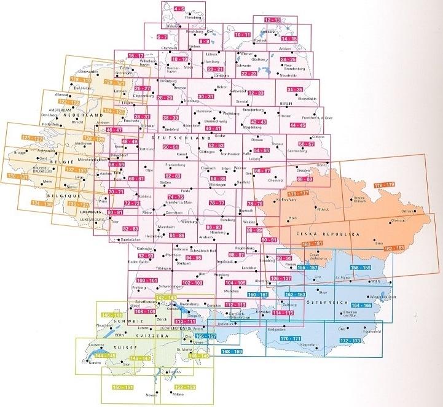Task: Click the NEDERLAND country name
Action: (80, 115)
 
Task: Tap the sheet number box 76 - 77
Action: (216, 203)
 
